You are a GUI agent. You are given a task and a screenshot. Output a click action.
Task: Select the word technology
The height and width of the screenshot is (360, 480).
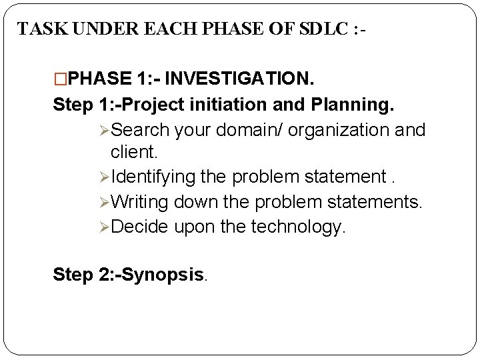298,227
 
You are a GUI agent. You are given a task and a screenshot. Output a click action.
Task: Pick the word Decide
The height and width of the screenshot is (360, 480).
140,227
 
